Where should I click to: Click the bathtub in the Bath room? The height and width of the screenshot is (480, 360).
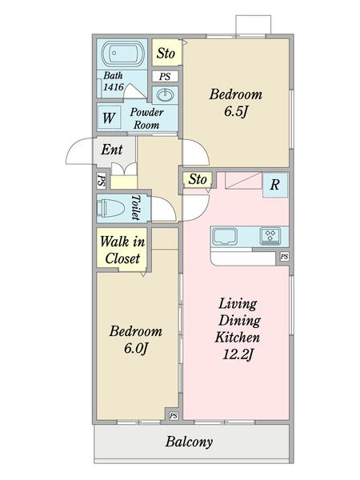[122, 54]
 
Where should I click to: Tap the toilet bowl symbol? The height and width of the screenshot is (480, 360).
[111, 209]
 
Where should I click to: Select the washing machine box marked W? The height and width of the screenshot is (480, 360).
[110, 118]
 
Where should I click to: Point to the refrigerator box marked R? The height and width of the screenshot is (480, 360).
[275, 185]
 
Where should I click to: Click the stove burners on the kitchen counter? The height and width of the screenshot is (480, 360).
[270, 236]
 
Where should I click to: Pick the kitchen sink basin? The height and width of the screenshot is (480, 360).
[225, 236]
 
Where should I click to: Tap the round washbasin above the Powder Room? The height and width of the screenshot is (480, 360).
[166, 95]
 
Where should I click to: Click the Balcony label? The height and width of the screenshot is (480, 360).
[189, 442]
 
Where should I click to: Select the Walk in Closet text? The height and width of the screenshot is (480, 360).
[122, 250]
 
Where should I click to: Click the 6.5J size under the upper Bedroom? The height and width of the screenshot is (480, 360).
[235, 111]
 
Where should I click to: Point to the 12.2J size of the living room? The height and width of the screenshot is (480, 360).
[238, 354]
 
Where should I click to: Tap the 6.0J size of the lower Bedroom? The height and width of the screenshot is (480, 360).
[136, 348]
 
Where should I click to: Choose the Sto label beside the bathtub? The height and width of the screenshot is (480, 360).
[166, 54]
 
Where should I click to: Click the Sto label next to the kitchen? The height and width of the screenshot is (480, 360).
[198, 179]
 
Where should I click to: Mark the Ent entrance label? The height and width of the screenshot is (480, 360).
[112, 150]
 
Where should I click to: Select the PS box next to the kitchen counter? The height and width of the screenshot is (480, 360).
[284, 257]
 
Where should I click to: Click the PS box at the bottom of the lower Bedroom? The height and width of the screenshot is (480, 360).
[174, 416]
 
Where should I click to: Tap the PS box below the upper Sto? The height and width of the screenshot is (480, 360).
[165, 76]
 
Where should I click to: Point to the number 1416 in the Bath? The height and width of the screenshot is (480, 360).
[114, 87]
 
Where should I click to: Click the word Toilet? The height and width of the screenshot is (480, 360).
[136, 207]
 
